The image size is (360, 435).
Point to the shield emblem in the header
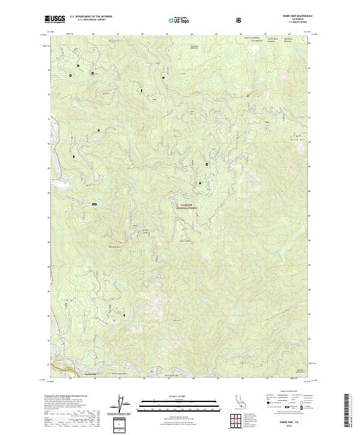pos(241,20)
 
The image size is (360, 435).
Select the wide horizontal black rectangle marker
pos(94,205)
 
